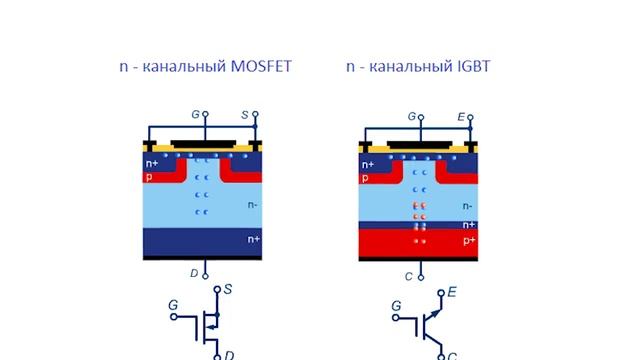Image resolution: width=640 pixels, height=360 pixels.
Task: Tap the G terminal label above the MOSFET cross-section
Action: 196,116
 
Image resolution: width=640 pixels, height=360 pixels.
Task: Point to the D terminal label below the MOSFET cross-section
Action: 195,271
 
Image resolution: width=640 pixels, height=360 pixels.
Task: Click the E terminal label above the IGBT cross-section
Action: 462,116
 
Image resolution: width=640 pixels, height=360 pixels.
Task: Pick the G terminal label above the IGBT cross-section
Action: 411,116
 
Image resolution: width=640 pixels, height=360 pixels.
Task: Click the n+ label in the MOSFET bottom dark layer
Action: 253,240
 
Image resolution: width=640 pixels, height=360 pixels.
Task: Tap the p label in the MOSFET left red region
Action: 148,177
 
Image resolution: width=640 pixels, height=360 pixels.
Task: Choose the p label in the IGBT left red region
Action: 364,177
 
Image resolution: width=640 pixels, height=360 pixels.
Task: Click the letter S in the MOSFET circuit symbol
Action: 228,290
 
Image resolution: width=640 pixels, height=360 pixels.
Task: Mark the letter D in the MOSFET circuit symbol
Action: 229,354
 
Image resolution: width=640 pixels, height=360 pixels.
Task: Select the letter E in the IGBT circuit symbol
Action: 452,291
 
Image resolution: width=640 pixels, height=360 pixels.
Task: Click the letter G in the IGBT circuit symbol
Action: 396,306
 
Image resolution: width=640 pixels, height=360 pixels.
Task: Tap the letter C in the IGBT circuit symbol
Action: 453,355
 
